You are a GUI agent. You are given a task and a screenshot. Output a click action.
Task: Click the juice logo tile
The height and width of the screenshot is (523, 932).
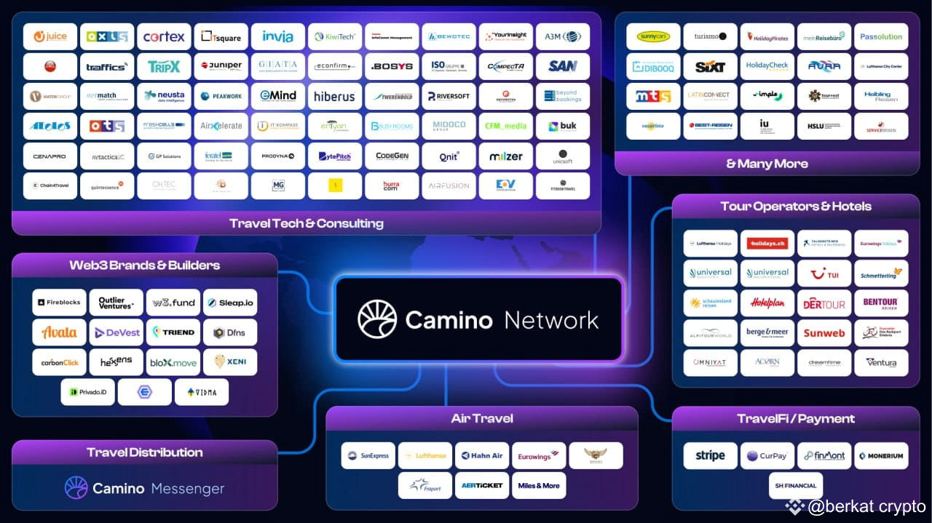tap(50, 36)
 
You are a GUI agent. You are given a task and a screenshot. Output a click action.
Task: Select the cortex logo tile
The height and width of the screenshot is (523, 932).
tap(164, 36)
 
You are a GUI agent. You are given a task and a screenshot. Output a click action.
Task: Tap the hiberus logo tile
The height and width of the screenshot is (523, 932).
tap(334, 96)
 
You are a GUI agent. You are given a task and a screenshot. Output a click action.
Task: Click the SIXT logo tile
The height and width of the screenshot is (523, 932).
tap(710, 66)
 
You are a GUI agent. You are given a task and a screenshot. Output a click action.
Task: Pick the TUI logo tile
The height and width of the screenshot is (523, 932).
tap(824, 273)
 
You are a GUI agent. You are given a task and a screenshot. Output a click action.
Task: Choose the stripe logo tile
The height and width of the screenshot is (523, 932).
tap(710, 455)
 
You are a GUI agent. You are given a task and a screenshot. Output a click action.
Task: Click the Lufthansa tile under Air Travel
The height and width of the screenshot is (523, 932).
tap(424, 455)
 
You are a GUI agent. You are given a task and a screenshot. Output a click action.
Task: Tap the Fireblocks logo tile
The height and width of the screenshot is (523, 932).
tap(59, 303)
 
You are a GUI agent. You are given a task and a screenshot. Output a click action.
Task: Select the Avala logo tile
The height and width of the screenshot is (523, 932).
tap(59, 332)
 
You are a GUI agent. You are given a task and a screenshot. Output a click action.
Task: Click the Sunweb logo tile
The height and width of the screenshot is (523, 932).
tap(824, 333)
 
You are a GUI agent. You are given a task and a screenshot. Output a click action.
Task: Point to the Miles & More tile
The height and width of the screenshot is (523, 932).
tap(539, 485)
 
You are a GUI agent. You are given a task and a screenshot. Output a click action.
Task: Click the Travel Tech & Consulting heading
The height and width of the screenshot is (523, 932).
tap(306, 223)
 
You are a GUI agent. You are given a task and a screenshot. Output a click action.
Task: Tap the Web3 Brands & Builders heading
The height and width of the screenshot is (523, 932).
tap(144, 265)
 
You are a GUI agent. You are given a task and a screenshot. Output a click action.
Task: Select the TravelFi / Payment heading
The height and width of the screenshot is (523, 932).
tap(795, 418)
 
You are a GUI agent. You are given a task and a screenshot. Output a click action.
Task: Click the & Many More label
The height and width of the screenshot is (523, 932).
tap(767, 164)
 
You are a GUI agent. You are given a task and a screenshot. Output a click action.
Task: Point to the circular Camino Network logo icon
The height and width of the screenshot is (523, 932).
tap(377, 319)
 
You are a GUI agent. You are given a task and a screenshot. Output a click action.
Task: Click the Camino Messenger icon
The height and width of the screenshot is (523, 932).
tap(76, 488)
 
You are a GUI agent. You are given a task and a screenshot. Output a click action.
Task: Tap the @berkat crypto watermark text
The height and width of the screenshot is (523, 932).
tap(866, 507)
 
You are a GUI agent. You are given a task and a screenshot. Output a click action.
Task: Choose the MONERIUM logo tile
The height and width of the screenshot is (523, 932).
tap(881, 455)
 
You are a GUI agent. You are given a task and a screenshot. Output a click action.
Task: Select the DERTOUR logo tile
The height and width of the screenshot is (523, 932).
tap(824, 303)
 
